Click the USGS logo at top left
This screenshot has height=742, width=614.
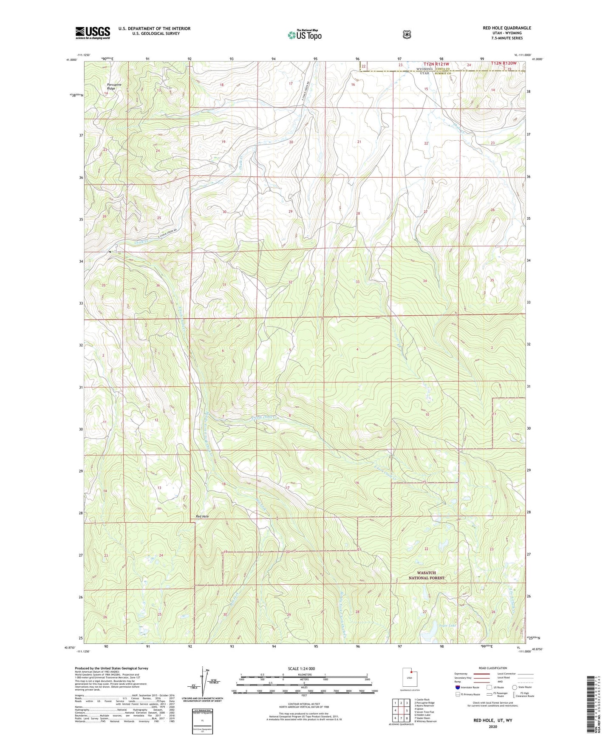click(x=93, y=32)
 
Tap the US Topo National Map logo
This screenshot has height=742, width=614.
click(x=304, y=34)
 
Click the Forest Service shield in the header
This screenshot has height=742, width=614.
click(x=407, y=34)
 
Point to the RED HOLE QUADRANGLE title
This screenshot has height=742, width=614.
click(x=506, y=28)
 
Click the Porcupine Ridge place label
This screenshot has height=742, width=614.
click(x=114, y=86)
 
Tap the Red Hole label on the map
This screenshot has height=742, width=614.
click(x=202, y=516)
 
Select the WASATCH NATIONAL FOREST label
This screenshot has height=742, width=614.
click(x=426, y=575)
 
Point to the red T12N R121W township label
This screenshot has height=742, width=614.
click(x=436, y=64)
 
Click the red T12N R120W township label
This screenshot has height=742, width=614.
click(x=504, y=63)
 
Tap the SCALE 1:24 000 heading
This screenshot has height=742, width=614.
click(x=301, y=668)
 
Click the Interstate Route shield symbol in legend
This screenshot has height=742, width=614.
click(x=457, y=687)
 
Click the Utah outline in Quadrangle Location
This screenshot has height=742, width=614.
click(x=409, y=677)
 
